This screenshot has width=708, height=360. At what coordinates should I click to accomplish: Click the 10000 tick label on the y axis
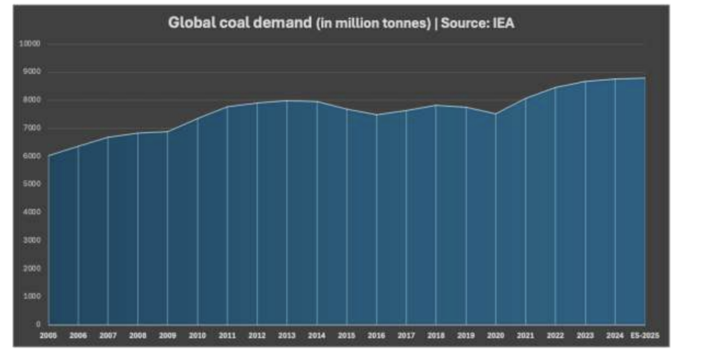tap(32, 44)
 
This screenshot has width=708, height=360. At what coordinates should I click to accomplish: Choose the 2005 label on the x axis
tap(48, 335)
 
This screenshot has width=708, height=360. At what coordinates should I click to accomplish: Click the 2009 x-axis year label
tap(167, 335)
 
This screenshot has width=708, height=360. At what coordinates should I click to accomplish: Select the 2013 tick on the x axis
tap(287, 335)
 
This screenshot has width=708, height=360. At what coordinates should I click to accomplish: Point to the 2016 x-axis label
tap(376, 335)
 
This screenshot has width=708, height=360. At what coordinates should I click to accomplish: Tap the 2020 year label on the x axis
tap(495, 335)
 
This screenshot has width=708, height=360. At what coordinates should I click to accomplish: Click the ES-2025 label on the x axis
tap(644, 335)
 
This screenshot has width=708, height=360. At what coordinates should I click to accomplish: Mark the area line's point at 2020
tap(495, 114)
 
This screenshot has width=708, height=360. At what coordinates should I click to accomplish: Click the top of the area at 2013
tap(287, 101)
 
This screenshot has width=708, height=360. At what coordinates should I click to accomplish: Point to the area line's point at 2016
tap(376, 115)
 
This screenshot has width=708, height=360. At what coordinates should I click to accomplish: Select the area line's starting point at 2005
tap(48, 156)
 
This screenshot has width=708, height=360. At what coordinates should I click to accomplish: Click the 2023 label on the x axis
tap(585, 335)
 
